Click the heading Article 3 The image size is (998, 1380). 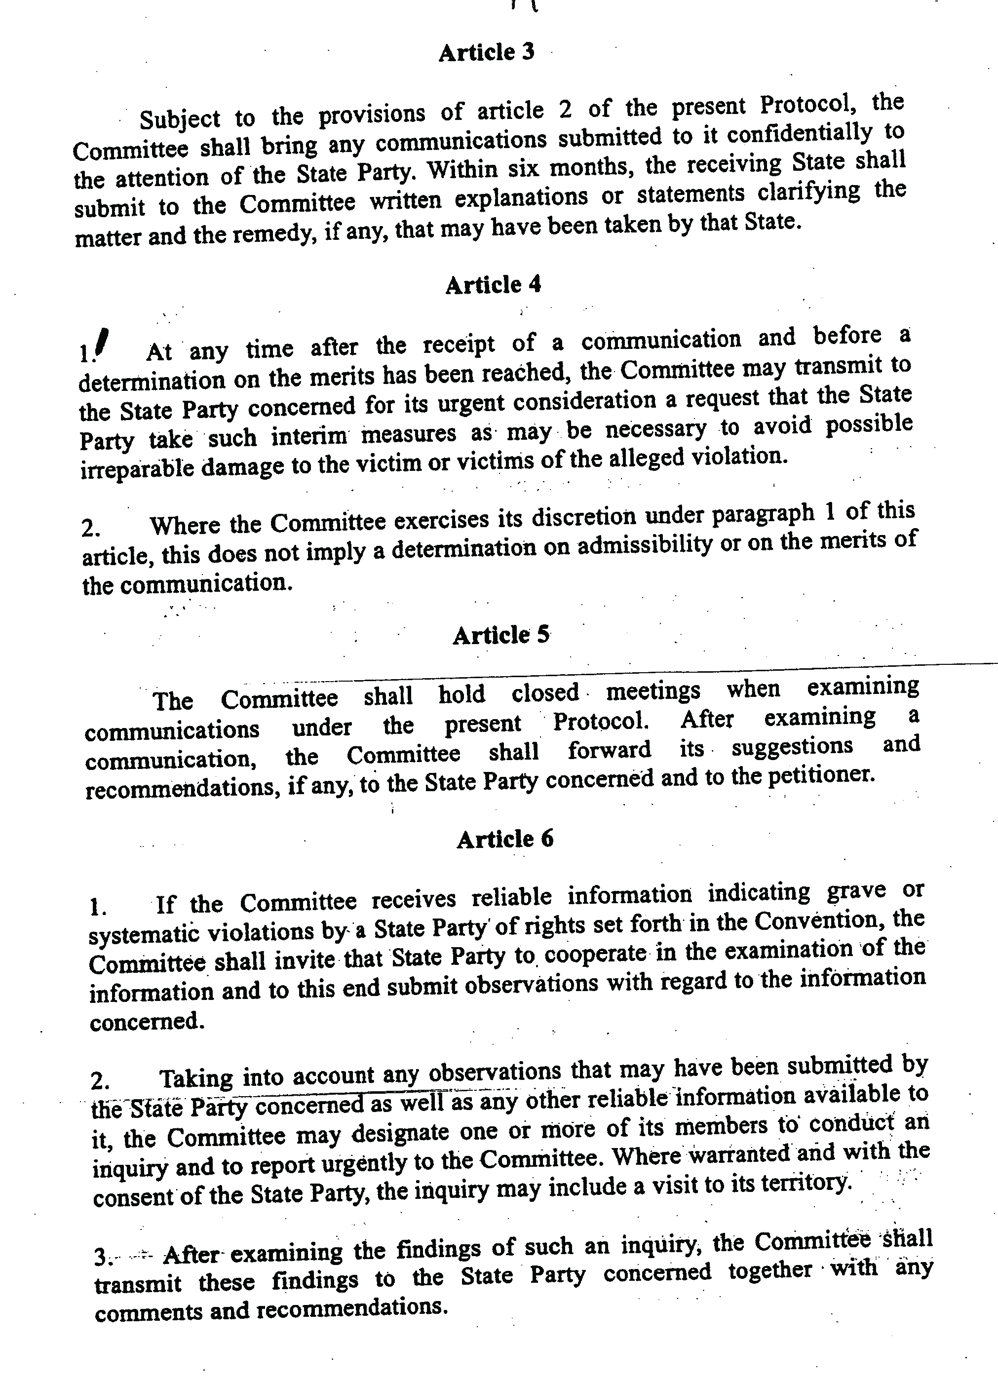486,52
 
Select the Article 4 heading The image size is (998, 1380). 493,284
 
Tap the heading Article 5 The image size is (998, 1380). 501,635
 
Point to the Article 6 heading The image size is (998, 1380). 505,839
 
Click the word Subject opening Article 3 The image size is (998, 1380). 180,118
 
